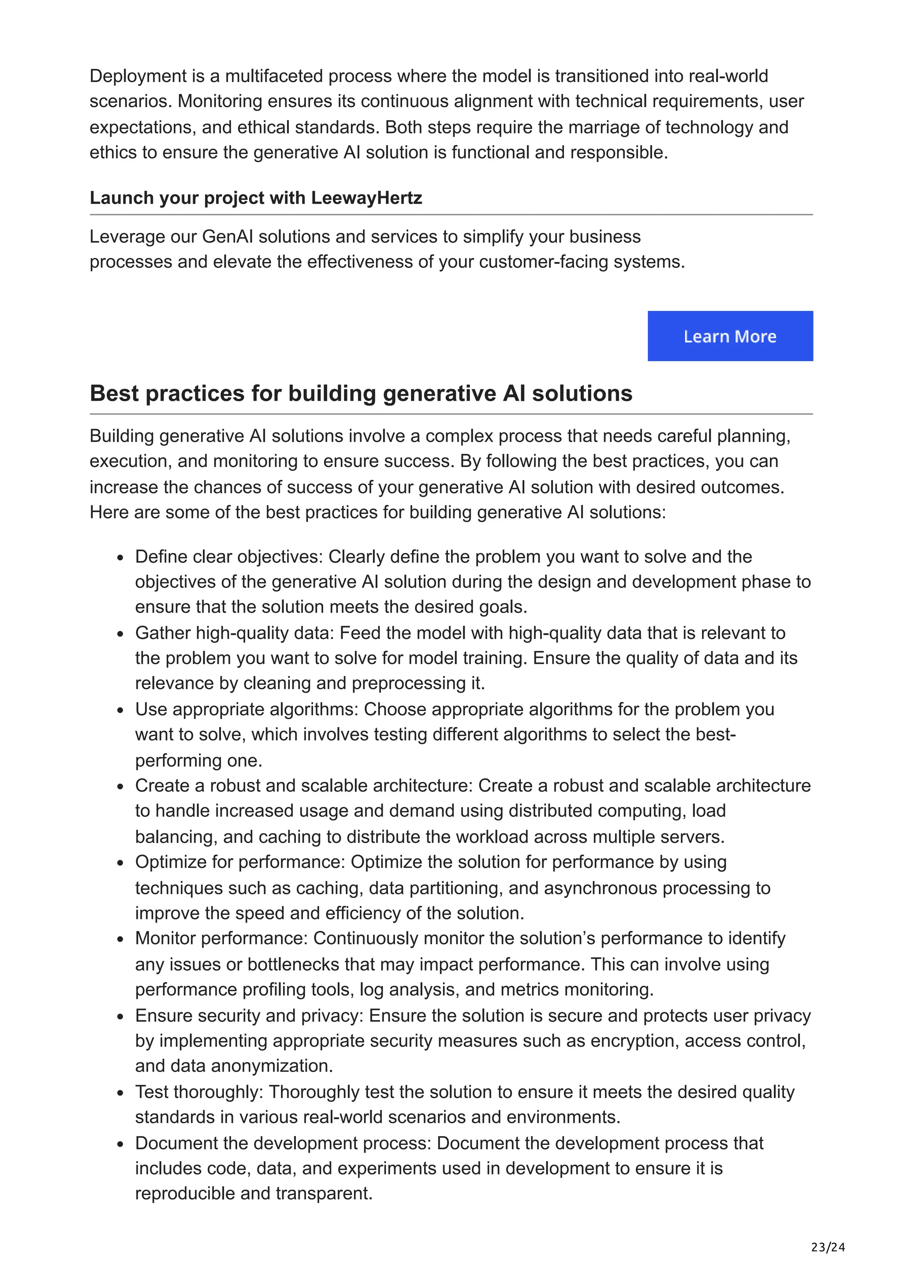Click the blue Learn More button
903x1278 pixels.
[730, 336]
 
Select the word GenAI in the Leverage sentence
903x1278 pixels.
[228, 236]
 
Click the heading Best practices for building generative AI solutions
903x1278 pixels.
[361, 393]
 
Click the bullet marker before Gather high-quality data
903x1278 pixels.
[120, 634]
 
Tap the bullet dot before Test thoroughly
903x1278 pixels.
[120, 1093]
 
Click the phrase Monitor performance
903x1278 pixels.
[221, 938]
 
